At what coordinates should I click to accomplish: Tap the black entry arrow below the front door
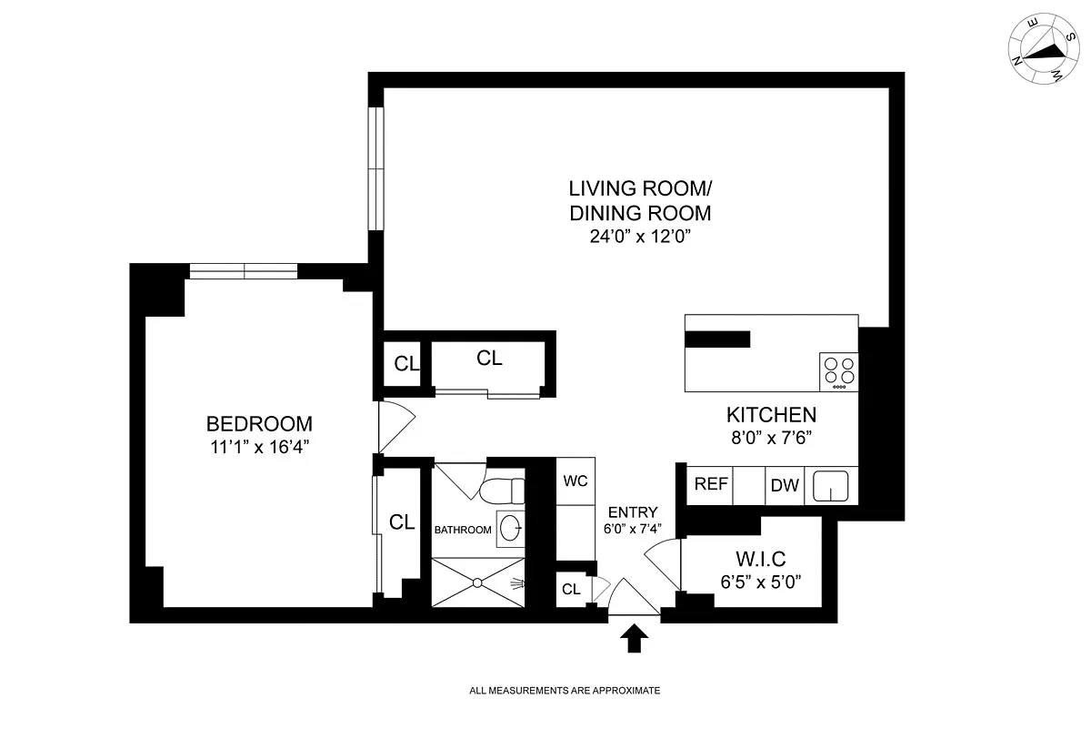635,638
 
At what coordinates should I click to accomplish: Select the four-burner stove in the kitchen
838,371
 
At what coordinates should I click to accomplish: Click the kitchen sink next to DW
830,486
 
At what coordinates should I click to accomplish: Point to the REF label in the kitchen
711,484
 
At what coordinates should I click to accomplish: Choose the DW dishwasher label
785,486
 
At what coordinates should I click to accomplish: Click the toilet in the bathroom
502,491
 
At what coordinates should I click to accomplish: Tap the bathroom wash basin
511,529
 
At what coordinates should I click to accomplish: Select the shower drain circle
477,582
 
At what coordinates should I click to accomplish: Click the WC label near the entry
576,481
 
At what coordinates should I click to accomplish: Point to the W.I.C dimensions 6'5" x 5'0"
761,582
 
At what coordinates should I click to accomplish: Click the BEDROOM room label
259,424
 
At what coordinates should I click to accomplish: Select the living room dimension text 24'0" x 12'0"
640,237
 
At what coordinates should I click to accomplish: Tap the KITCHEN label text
772,415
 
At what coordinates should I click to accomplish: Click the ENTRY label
633,512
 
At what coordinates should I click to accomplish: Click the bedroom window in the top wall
243,271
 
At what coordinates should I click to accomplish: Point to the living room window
375,168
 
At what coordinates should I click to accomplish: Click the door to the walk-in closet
663,564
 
